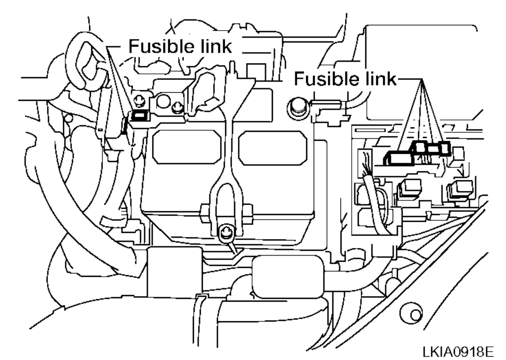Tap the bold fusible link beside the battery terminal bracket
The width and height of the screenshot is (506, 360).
point(139,116)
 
